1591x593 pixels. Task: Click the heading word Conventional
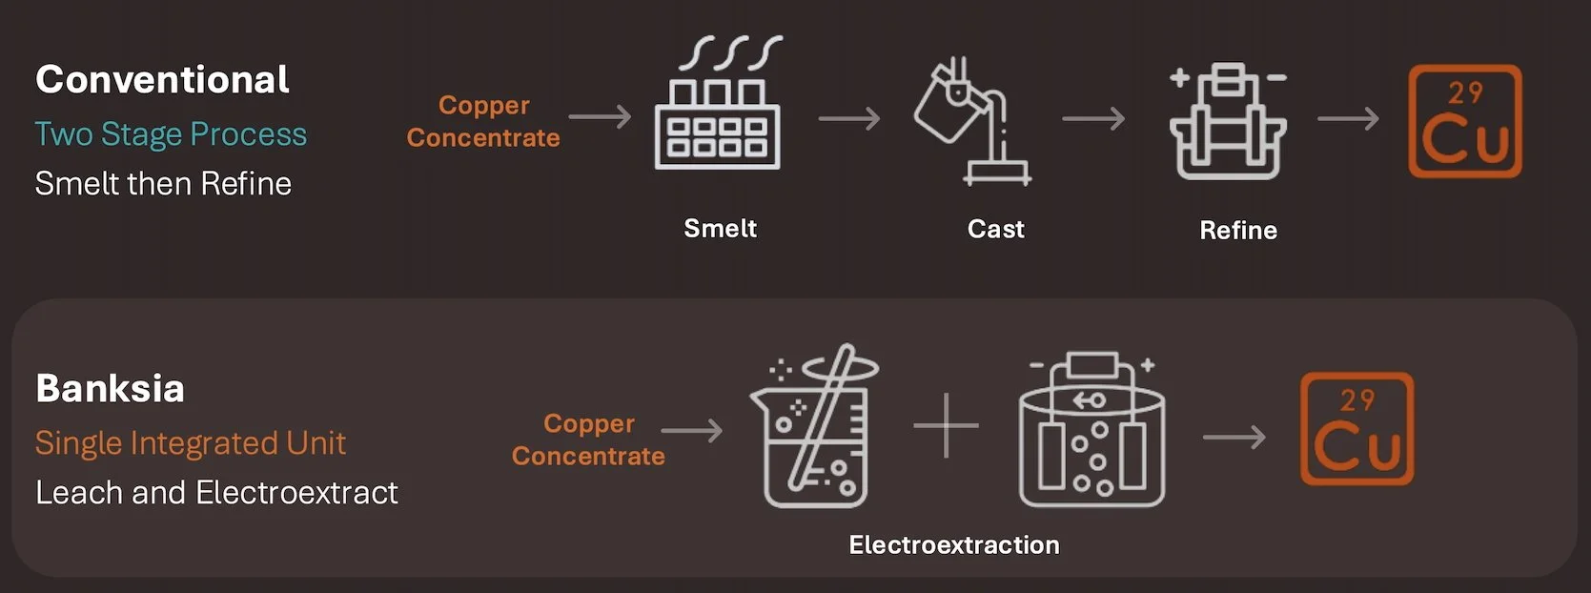click(162, 80)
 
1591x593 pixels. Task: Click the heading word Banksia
click(110, 389)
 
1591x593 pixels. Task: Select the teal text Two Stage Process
click(171, 134)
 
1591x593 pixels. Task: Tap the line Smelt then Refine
click(163, 183)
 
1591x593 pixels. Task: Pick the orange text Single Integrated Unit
click(191, 443)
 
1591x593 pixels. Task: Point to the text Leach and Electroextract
click(216, 493)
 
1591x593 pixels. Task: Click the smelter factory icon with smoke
click(718, 110)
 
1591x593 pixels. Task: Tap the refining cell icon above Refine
click(1228, 122)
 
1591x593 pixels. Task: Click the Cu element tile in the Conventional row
click(1465, 121)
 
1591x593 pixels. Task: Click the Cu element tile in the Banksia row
click(1357, 429)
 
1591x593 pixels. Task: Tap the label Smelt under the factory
click(720, 229)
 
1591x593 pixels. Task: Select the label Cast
click(995, 230)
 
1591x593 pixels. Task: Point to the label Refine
click(1238, 231)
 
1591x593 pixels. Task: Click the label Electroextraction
click(954, 545)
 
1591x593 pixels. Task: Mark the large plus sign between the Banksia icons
click(946, 425)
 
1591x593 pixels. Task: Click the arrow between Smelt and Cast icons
click(849, 119)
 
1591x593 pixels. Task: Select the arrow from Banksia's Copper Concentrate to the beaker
click(692, 431)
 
